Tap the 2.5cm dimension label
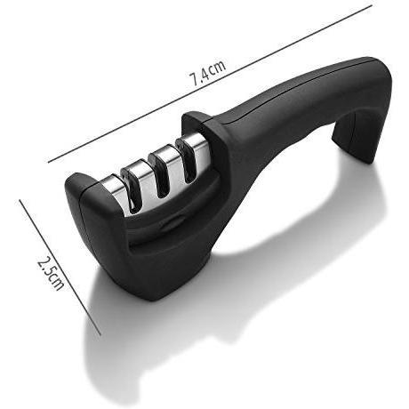point(50,272)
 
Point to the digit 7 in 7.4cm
point(195,79)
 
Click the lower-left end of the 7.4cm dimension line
point(48,162)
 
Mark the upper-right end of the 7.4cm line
point(372,5)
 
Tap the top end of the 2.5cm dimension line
point(20,200)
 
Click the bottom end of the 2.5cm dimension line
point(100,335)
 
